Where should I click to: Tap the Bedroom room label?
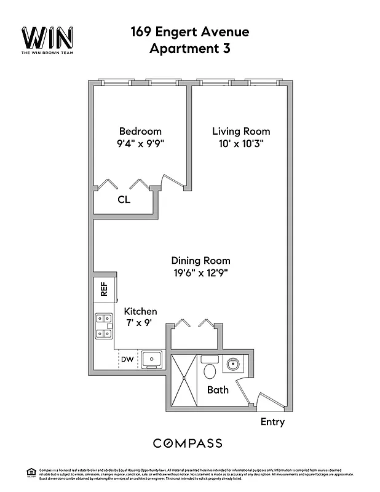140,131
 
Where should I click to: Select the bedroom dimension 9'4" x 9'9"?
140,145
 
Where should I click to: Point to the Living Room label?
241,131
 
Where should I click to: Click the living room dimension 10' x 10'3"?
241,145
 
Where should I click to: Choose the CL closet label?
124,199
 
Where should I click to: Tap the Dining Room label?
200,260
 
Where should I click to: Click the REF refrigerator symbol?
105,290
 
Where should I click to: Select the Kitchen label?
140,312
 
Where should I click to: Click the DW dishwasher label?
127,359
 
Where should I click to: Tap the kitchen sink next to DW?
151,359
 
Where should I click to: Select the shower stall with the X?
184,379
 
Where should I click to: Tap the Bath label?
218,389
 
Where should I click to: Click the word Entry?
272,422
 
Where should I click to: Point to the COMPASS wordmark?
188,443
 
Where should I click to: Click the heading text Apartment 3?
189,49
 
